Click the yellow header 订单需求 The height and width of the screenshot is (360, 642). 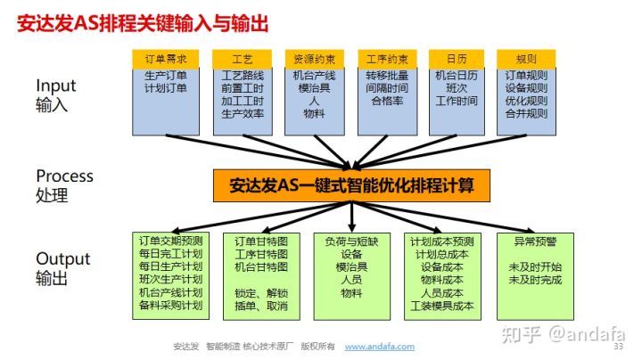pyautogui.click(x=166, y=60)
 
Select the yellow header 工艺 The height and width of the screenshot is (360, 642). pyautogui.click(x=243, y=60)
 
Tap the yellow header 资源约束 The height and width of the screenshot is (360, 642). pyautogui.click(x=315, y=60)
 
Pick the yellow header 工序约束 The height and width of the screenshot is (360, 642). pyautogui.click(x=387, y=60)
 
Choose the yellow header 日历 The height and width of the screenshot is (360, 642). pyautogui.click(x=457, y=60)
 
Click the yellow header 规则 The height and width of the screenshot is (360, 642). pyautogui.click(x=526, y=60)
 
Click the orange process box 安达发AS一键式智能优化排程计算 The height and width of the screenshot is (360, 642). pyautogui.click(x=351, y=185)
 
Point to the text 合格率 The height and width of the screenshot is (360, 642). pyautogui.click(x=387, y=101)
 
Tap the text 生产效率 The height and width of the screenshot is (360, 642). pyautogui.click(x=243, y=114)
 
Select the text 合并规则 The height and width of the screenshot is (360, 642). pyautogui.click(x=526, y=114)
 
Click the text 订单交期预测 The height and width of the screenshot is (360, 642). pyautogui.click(x=170, y=241)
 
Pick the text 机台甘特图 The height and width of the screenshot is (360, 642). pyautogui.click(x=261, y=266)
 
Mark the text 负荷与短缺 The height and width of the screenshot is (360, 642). pyautogui.click(x=351, y=241)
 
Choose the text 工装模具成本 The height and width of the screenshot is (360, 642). pyautogui.click(x=442, y=306)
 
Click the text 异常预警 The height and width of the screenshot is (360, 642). pyautogui.click(x=535, y=241)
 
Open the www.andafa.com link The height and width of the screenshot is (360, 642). pyautogui.click(x=380, y=347)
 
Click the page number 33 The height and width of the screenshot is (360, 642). pyautogui.click(x=618, y=347)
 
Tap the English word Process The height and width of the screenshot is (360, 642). pyautogui.click(x=65, y=176)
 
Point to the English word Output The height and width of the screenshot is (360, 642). pyautogui.click(x=63, y=259)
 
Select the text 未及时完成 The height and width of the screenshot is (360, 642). pyautogui.click(x=535, y=280)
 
